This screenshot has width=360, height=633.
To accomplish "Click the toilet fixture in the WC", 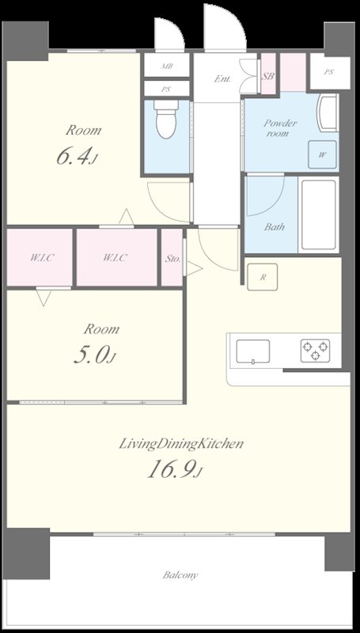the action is [166, 119].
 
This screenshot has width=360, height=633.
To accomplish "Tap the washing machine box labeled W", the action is [322, 154].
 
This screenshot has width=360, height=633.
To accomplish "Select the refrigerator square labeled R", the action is [263, 277].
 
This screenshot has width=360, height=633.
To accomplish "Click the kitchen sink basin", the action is [253, 351].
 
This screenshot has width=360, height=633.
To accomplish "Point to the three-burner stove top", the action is [315, 351].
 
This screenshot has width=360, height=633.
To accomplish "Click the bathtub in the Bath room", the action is [319, 215].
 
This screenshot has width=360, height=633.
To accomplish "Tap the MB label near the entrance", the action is [167, 66].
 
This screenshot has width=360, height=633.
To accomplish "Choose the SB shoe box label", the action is [268, 76].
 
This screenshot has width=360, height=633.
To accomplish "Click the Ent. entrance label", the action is [222, 78].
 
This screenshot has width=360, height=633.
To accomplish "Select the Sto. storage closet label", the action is [172, 258].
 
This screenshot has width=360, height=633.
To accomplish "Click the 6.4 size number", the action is [72, 157].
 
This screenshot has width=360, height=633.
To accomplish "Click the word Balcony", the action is [180, 575].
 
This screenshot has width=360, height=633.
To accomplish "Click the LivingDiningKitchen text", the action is [181, 445].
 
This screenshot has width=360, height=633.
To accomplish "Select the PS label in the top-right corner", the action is [328, 72].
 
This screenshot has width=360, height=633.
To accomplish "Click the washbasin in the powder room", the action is [328, 113].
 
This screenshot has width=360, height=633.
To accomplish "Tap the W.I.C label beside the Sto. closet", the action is [115, 257].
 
